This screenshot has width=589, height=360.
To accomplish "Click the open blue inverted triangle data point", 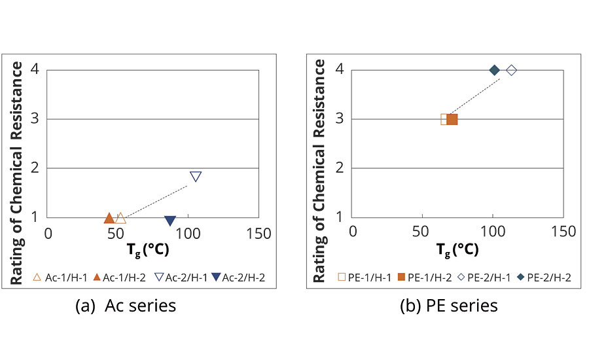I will [x=196, y=177].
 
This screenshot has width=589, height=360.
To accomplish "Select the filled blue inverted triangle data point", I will [x=170, y=221].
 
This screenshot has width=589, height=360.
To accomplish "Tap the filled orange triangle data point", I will [x=109, y=217].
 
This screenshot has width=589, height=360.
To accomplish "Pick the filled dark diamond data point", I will [x=495, y=70].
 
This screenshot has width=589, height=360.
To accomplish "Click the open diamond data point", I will [x=512, y=70].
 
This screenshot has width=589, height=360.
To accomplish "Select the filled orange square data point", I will [x=452, y=119].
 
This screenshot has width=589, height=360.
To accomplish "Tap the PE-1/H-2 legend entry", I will [x=423, y=278].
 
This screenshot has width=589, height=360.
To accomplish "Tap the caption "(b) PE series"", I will [x=449, y=306].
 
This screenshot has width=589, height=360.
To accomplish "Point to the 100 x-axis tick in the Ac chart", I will [x=188, y=233].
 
